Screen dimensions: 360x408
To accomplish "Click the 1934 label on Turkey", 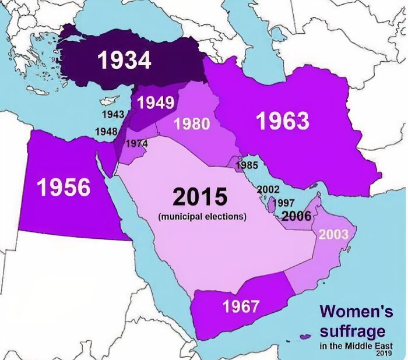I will [124, 60].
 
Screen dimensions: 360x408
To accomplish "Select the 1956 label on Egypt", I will [64, 188].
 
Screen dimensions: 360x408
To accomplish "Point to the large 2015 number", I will [199, 197].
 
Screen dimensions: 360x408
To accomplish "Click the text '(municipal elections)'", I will [202, 216].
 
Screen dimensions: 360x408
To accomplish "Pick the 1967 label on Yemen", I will [240, 306].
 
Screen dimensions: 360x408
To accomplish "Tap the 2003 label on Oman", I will [333, 235].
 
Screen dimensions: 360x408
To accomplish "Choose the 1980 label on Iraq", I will [192, 123].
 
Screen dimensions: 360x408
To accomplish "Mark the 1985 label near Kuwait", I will [247, 165].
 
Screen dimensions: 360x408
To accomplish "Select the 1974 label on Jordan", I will [136, 143].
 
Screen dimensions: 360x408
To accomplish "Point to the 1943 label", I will [113, 114].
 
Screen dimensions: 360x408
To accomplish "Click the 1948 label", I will [105, 131].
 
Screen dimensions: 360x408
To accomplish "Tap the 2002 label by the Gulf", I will [268, 189].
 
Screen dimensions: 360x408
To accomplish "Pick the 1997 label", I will [283, 202].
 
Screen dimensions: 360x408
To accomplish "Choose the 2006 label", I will [296, 216].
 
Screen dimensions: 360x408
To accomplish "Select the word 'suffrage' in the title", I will [353, 331].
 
